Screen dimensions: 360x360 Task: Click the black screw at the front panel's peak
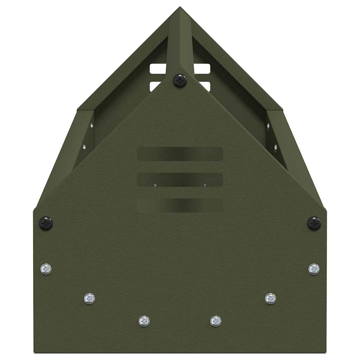(x=180, y=81)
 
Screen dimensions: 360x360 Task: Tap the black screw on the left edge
(x=46, y=223)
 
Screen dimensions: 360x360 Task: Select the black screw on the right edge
(x=314, y=223)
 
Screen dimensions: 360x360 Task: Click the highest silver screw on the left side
(x=46, y=269)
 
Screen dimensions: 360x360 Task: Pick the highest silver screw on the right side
(x=314, y=269)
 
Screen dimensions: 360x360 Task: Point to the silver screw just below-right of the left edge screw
(x=90, y=298)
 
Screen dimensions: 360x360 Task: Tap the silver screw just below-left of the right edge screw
(x=270, y=298)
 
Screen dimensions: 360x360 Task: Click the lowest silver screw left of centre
(x=144, y=321)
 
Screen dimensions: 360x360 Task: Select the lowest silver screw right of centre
(x=216, y=321)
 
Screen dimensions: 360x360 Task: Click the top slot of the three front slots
(x=180, y=154)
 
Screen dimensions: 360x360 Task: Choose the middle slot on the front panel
(x=180, y=179)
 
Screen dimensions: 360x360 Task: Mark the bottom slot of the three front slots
(x=180, y=205)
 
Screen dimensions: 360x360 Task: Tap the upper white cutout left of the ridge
(x=158, y=69)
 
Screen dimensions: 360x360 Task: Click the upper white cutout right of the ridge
(x=202, y=69)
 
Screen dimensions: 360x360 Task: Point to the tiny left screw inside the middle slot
(x=155, y=185)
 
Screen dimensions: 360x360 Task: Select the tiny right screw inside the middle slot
(x=205, y=185)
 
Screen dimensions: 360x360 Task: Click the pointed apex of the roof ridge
(x=180, y=8)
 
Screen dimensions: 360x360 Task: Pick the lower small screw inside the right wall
(x=276, y=147)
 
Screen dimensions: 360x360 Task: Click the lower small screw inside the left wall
(x=84, y=147)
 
